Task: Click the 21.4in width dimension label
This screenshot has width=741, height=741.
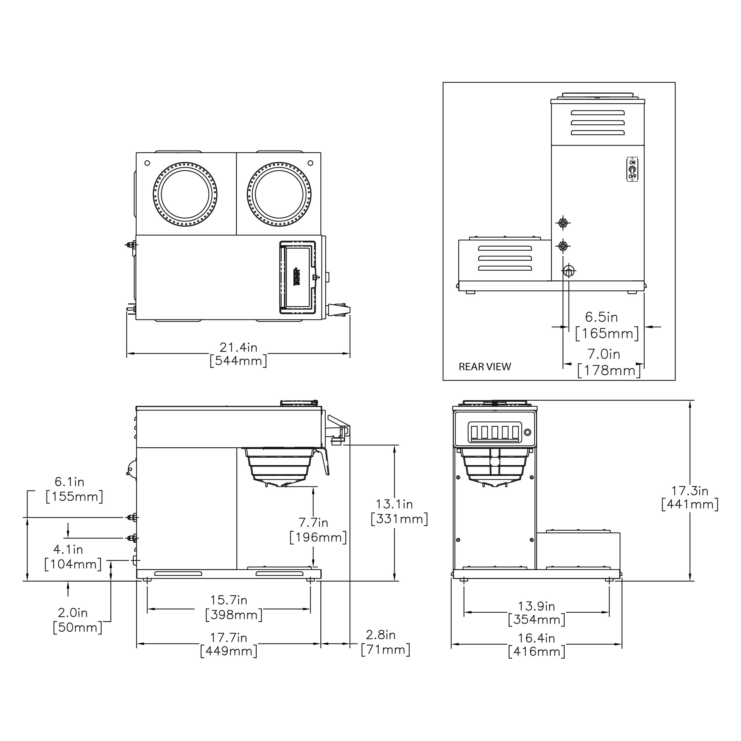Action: click(x=238, y=347)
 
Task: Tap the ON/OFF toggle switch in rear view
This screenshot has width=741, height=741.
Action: click(x=632, y=169)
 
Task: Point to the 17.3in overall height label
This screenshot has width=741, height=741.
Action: click(x=690, y=491)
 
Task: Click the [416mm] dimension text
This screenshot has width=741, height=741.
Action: click(x=536, y=651)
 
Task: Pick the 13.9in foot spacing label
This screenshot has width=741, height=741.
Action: click(x=536, y=606)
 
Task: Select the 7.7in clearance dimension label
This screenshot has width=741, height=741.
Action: click(x=313, y=522)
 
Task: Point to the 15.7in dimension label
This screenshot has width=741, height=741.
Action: click(x=229, y=600)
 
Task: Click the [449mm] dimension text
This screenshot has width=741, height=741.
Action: click(x=229, y=651)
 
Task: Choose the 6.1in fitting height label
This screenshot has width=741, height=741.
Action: click(x=69, y=482)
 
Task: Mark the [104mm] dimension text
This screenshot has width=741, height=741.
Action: click(x=73, y=564)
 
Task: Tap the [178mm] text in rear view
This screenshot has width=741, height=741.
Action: click(x=609, y=370)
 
